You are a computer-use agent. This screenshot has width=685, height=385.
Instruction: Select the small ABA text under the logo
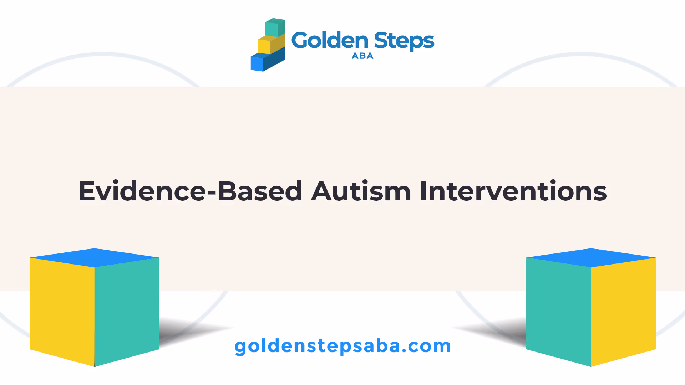(362, 56)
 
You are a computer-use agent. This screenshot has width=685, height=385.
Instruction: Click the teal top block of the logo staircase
(275, 27)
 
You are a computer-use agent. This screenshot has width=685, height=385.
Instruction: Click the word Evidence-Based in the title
(191, 191)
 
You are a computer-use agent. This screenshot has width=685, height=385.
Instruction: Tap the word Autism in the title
(361, 191)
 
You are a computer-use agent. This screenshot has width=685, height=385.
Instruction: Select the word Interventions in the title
(513, 191)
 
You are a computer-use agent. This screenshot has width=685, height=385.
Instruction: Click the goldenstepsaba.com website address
(342, 346)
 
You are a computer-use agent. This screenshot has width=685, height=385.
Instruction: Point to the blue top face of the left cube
(95, 258)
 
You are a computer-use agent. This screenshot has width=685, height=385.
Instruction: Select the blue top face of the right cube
(591, 258)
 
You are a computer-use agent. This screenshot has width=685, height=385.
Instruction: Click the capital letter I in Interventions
(423, 191)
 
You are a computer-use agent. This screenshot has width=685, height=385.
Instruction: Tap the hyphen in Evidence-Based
(212, 194)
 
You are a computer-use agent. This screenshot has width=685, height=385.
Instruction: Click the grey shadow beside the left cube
(193, 332)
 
